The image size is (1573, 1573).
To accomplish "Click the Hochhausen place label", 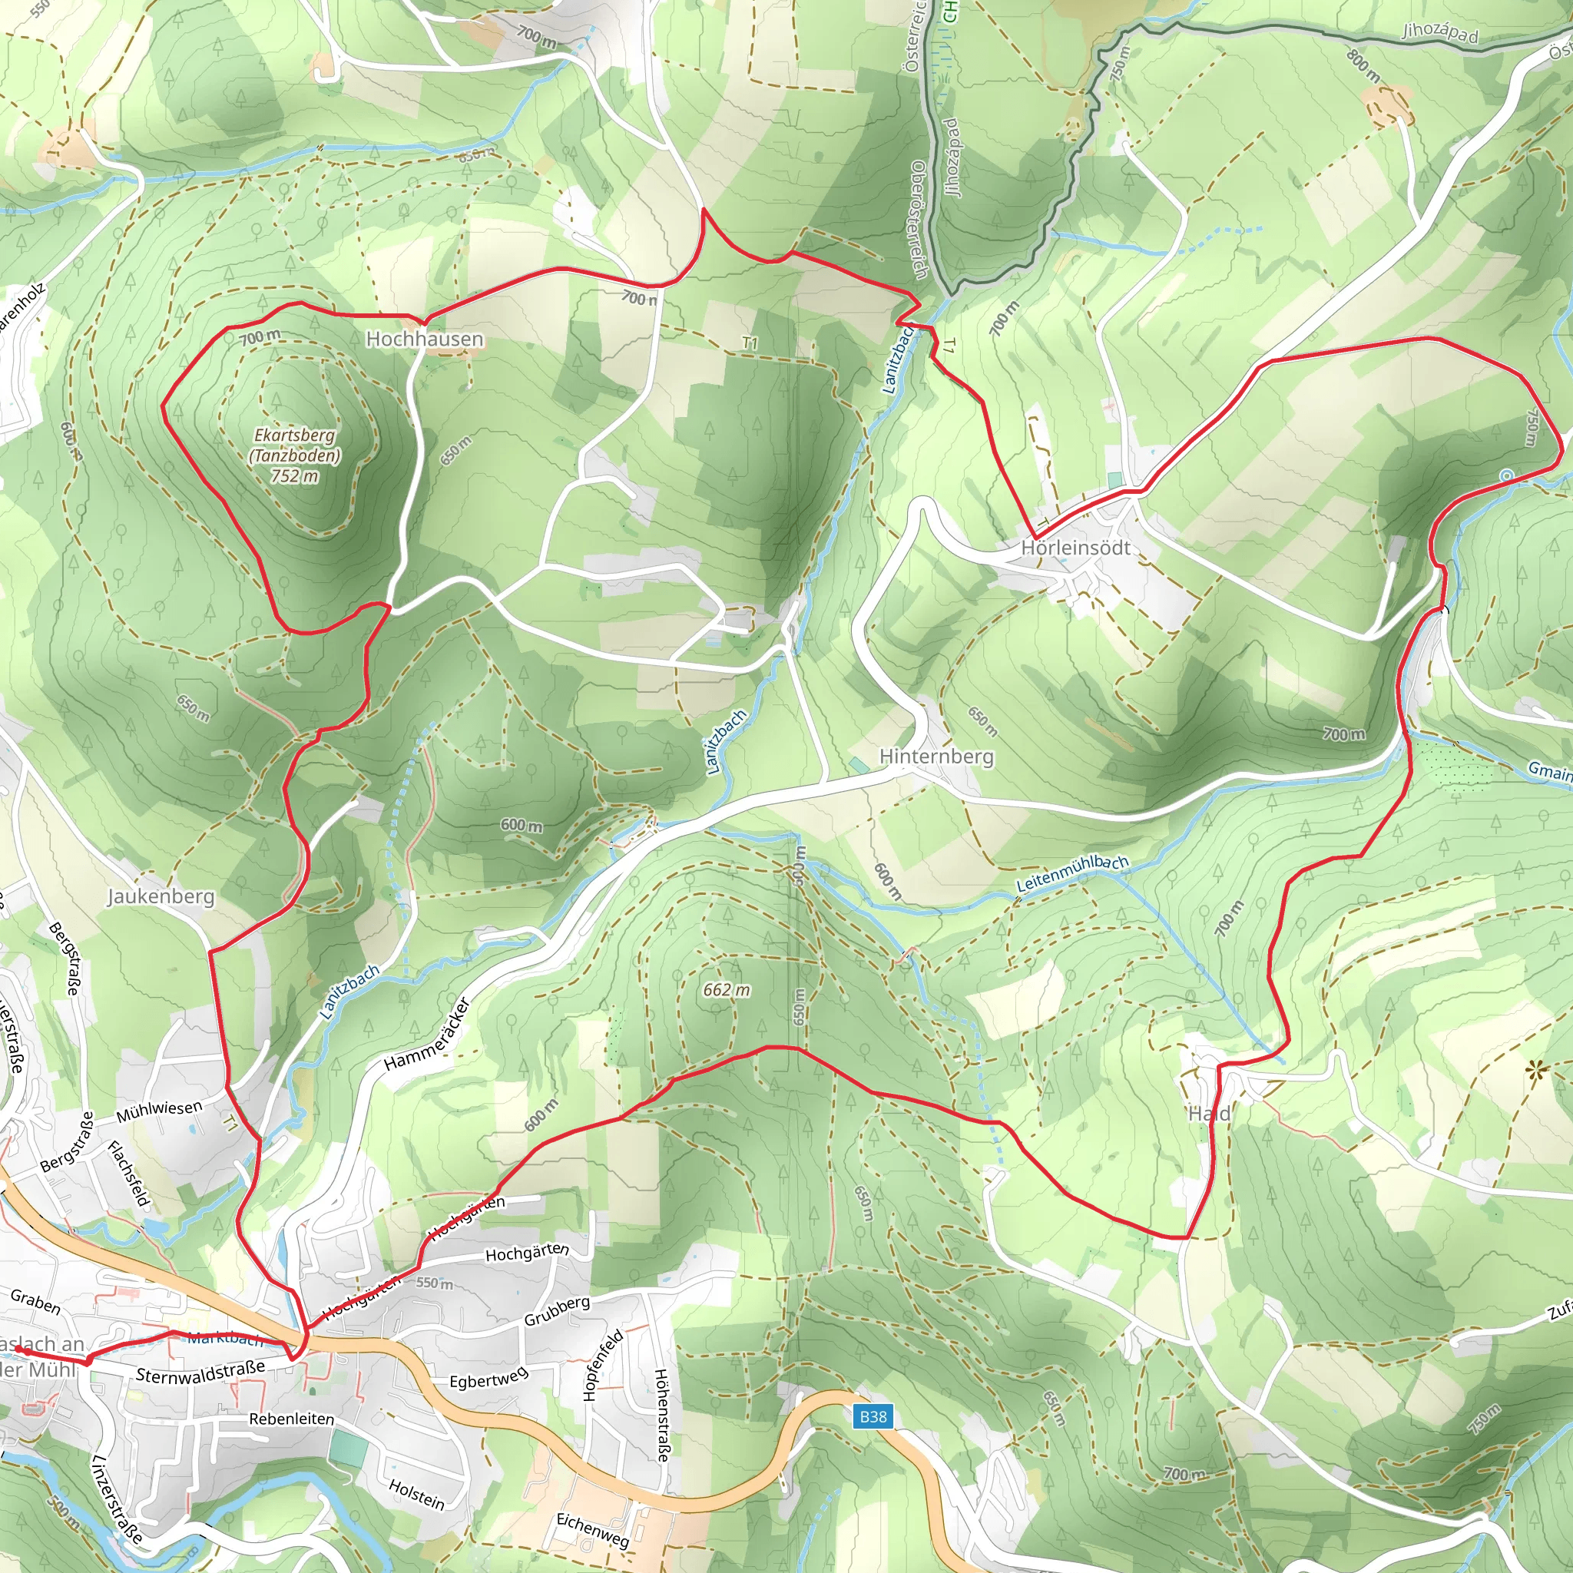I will tap(424, 339).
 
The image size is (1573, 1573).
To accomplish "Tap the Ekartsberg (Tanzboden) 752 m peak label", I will tap(294, 455).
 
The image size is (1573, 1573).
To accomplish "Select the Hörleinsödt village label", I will tap(1075, 548).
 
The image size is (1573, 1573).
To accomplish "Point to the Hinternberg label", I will tap(936, 757).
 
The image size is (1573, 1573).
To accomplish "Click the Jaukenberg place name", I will tap(161, 896).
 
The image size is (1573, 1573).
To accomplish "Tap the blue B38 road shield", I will tap(873, 1416).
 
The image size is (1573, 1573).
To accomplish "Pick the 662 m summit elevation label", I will tap(727, 990).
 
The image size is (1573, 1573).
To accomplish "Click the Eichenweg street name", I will tap(593, 1530).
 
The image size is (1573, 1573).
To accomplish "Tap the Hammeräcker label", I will tap(428, 1035).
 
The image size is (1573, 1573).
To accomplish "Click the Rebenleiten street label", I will tap(291, 1419).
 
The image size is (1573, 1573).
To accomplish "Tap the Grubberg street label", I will tap(557, 1311).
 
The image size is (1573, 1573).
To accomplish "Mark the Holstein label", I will tap(417, 1494).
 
